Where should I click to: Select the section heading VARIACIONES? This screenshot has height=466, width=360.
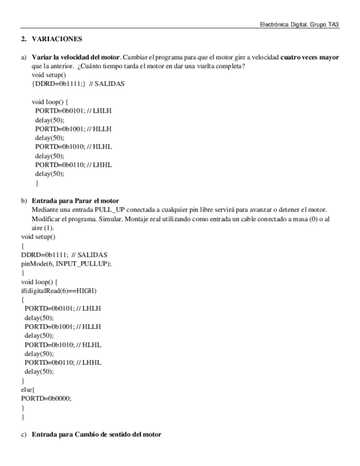pyautogui.click(x=57, y=40)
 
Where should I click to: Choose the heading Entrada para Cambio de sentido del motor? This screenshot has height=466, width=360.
pyautogui.click(x=96, y=434)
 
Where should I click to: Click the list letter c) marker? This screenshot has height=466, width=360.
pyautogui.click(x=24, y=434)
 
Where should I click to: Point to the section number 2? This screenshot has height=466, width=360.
pyautogui.click(x=24, y=40)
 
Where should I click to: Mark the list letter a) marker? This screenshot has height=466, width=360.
pyautogui.click(x=24, y=57)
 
